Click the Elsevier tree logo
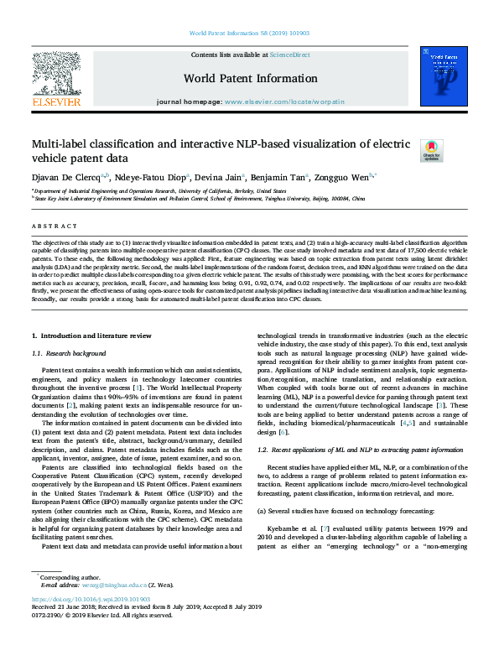[x=55, y=80]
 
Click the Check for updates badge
[x=432, y=150]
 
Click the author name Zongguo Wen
[x=345, y=177]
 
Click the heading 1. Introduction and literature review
[x=91, y=336]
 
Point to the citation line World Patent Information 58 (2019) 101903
[x=248, y=33]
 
